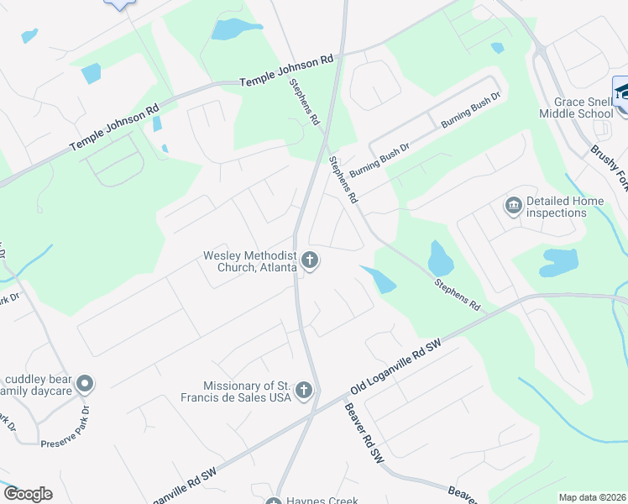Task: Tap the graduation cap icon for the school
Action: pos(621,92)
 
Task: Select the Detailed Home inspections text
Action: pos(556,207)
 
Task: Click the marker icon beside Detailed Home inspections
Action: pos(513,205)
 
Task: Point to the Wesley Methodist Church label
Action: pos(250,261)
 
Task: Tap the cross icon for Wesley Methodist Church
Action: pos(310,260)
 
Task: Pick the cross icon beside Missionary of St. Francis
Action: pos(304,390)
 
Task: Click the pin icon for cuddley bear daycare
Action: pos(84,385)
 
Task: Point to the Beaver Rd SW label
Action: pos(364,433)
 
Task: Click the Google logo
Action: pos(28,494)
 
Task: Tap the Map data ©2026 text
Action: pos(592,497)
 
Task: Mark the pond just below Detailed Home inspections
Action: pos(560,262)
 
